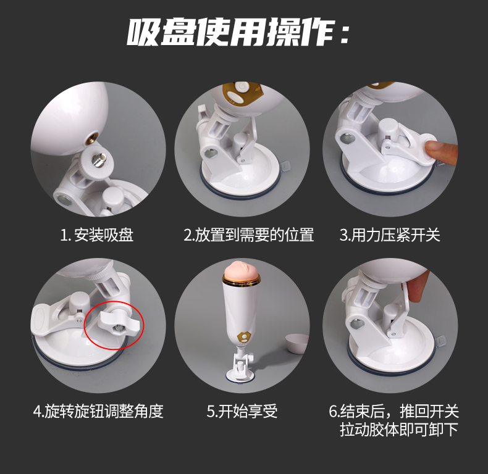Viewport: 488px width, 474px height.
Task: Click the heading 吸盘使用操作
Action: point(237,32)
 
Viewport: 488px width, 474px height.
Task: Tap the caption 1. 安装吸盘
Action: point(97,235)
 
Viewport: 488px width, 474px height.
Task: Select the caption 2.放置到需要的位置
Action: point(248,235)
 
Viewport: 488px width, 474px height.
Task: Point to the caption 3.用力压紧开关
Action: point(390,235)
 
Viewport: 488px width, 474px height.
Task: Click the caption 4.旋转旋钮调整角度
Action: point(98,411)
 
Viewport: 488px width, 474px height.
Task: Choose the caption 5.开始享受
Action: point(242,411)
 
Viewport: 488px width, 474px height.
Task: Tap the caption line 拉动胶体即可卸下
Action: point(399,430)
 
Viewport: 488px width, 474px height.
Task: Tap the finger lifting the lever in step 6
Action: point(417,287)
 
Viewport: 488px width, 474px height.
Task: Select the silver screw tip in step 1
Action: point(98,161)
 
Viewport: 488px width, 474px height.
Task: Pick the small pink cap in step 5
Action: point(297,343)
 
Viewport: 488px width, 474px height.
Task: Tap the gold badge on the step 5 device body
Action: point(245,337)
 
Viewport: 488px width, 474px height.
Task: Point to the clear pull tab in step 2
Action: point(286,166)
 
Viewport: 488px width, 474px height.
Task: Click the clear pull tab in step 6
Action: point(440,341)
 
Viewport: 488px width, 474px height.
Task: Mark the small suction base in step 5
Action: point(240,375)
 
